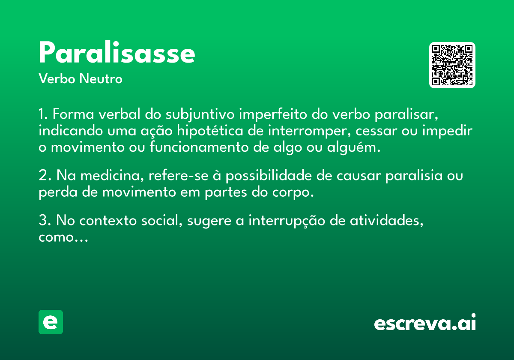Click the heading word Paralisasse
click(x=117, y=52)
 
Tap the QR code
click(x=452, y=65)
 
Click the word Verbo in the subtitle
click(x=57, y=79)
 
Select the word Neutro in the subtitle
click(x=101, y=79)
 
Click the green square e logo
click(x=51, y=322)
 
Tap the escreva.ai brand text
click(x=425, y=322)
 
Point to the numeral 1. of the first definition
click(x=43, y=114)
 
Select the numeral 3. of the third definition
click(x=45, y=220)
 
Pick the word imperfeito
click(x=273, y=114)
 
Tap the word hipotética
click(x=210, y=131)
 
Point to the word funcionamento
click(x=199, y=147)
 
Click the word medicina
click(x=112, y=176)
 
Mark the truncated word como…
click(x=63, y=237)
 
